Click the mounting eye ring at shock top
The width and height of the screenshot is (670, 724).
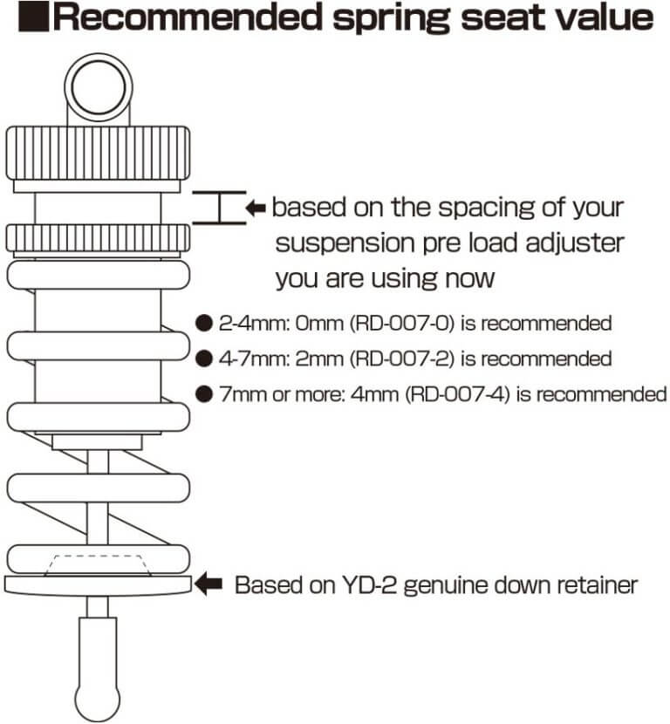pos(98,87)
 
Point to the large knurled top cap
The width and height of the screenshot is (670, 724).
pos(98,152)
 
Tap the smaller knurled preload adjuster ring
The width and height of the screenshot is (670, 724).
pos(98,237)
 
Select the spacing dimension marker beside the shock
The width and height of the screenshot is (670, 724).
pos(219,208)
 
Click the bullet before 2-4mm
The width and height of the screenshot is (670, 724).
pos(203,324)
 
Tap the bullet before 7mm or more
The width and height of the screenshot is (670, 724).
pos(203,394)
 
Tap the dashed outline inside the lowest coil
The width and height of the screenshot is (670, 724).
pos(98,563)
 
